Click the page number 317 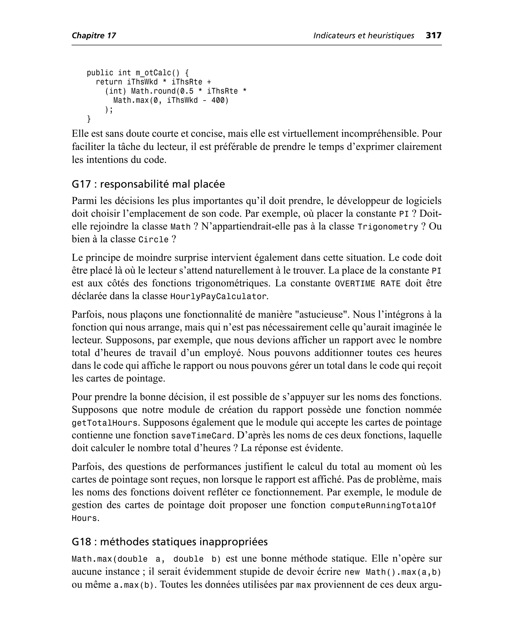click(433, 35)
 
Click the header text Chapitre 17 click(94, 36)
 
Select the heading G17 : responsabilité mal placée click(148, 184)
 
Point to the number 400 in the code click(218, 100)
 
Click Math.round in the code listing click(153, 91)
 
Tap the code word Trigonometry click(387, 227)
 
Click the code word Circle click(153, 239)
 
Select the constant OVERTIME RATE click(367, 284)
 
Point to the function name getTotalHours click(105, 423)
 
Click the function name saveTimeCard click(201, 436)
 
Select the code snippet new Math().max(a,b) click(392, 572)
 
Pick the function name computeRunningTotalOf click(383, 505)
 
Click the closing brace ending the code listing click(89, 119)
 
